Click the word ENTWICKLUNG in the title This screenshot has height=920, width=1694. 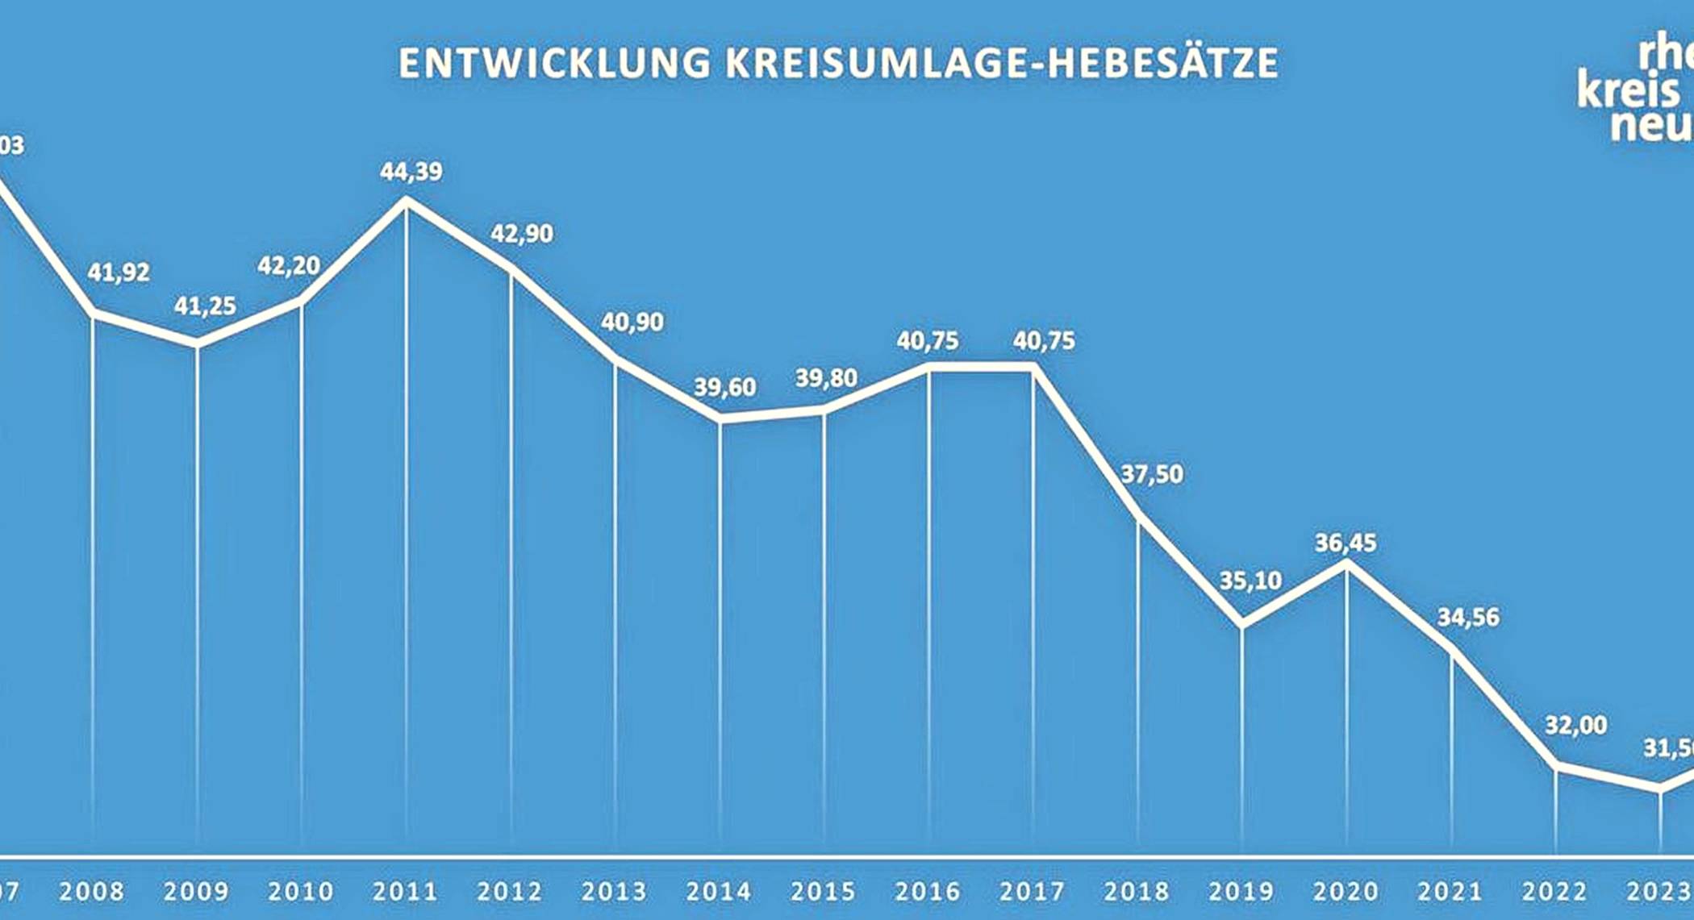click(x=555, y=65)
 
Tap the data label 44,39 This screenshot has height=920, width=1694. click(x=411, y=172)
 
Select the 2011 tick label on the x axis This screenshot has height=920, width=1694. click(x=405, y=891)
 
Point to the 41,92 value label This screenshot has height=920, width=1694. click(x=119, y=273)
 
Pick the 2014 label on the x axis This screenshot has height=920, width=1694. click(x=719, y=891)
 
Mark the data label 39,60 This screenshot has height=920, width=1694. click(x=725, y=387)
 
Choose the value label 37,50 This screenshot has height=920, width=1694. click(x=1152, y=474)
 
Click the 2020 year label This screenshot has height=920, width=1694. click(x=1346, y=891)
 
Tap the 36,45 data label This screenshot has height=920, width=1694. click(x=1346, y=543)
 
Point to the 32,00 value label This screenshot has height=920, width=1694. click(x=1575, y=726)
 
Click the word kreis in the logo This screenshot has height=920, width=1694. click(x=1628, y=90)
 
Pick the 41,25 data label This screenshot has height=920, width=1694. click(x=205, y=306)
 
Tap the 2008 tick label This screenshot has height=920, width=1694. click(x=92, y=891)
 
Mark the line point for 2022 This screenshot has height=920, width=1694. click(x=1555, y=765)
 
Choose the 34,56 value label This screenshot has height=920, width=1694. click(x=1468, y=618)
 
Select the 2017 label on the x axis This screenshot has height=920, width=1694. click(x=1033, y=891)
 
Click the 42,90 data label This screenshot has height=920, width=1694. click(x=522, y=234)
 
